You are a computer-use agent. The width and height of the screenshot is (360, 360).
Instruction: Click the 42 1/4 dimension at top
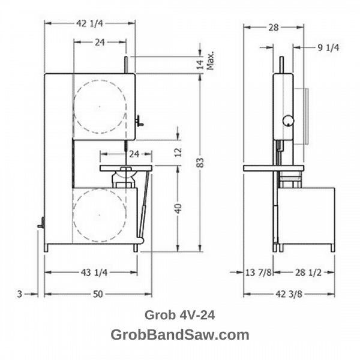[x=89, y=23]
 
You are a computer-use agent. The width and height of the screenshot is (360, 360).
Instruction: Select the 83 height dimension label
[x=201, y=162]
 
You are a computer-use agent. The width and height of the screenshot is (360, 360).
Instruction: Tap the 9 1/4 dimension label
[x=329, y=48]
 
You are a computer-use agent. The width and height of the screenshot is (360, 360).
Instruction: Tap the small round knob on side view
[x=289, y=120]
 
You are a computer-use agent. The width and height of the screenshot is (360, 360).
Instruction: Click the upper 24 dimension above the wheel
[x=100, y=42]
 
